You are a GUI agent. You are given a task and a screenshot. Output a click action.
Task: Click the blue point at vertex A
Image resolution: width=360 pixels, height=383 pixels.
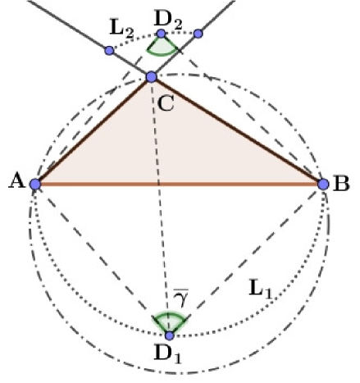tap(35, 185)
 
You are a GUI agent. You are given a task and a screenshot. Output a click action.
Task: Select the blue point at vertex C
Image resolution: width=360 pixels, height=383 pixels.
tap(151, 77)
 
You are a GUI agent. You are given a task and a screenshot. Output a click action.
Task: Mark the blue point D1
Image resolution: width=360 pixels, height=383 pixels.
tap(169, 335)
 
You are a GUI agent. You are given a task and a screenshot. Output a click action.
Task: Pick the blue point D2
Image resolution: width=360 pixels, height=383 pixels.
tap(162, 34)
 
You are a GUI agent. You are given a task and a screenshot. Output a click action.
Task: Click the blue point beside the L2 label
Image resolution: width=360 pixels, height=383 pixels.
tap(109, 51)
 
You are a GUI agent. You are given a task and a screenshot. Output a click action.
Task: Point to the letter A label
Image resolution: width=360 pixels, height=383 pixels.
tap(16, 182)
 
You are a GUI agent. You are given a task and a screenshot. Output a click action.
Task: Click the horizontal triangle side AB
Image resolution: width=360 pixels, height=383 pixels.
tap(180, 185)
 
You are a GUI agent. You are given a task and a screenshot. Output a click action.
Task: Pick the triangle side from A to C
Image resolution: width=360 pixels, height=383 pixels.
tap(93, 131)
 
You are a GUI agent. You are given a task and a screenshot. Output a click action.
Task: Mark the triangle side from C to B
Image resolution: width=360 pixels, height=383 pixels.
tap(238, 131)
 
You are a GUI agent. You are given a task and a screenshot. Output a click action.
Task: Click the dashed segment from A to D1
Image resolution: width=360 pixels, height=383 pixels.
tap(102, 260)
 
